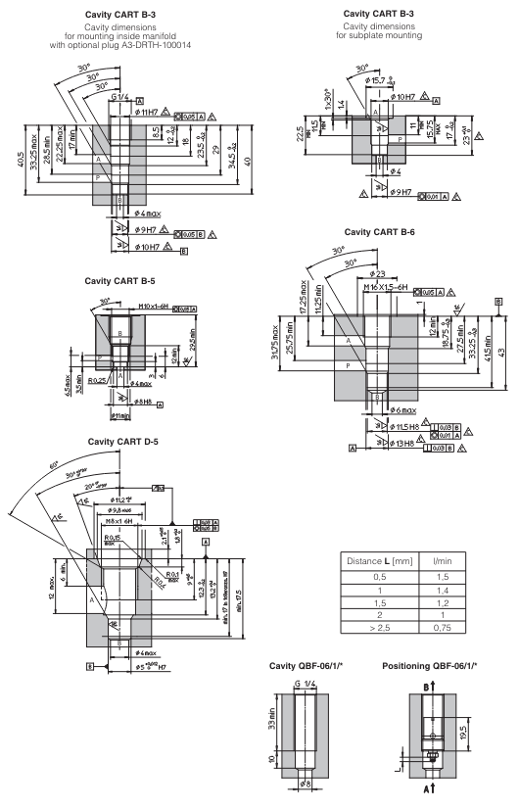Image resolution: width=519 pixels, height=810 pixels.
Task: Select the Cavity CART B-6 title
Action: [385, 233]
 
